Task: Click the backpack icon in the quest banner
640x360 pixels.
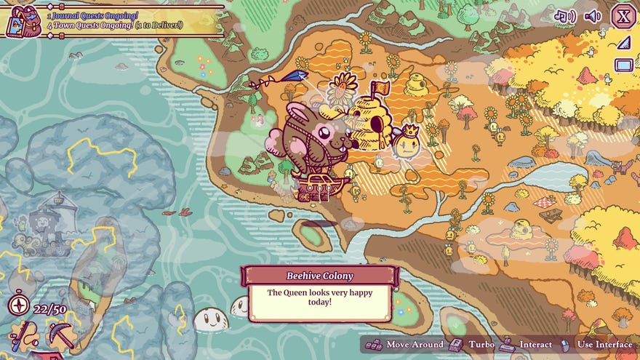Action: click(23, 20)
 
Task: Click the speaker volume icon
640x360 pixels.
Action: click(593, 16)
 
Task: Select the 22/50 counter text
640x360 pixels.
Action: click(49, 309)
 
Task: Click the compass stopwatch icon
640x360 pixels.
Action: click(18, 305)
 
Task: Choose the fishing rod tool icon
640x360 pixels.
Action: click(23, 335)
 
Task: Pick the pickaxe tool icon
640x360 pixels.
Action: click(61, 335)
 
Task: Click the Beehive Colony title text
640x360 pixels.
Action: click(320, 276)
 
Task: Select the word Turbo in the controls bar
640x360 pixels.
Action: click(481, 344)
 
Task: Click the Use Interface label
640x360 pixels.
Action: click(604, 344)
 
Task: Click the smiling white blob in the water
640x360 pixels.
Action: click(212, 319)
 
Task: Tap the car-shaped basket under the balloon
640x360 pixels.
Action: click(320, 187)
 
